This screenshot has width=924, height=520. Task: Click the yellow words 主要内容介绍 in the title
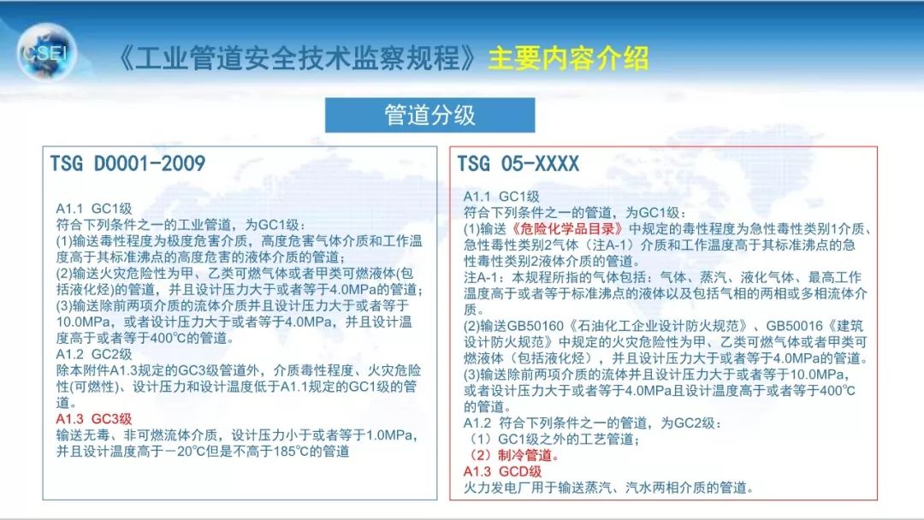568,58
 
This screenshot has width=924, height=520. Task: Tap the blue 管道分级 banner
429,115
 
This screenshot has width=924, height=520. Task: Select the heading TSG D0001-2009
127,163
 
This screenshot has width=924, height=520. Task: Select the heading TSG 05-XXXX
518,163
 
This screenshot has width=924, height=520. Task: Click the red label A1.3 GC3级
94,419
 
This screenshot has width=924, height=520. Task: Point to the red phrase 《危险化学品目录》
567,229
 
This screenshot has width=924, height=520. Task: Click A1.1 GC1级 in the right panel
501,197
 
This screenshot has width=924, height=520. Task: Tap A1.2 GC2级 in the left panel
94,354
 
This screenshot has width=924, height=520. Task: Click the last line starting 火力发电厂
608,488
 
